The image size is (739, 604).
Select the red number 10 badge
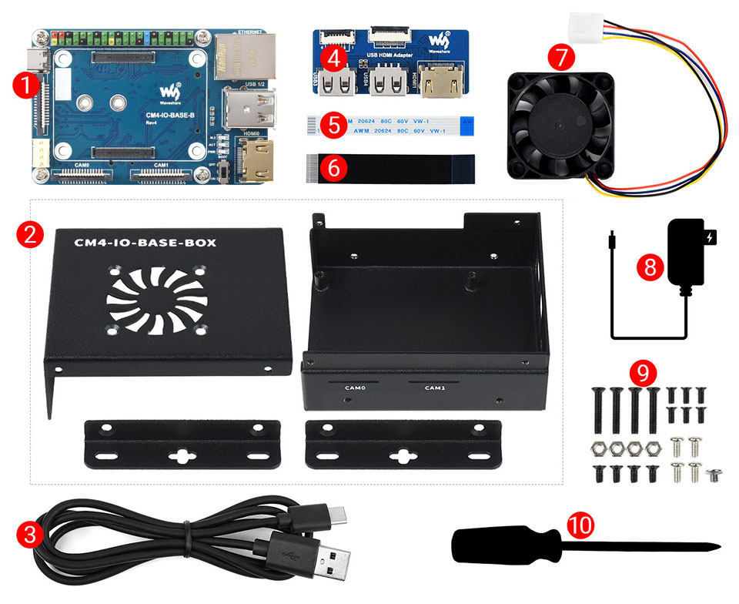[581, 525]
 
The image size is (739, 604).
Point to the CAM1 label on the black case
[435, 387]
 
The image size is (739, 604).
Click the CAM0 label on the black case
[355, 387]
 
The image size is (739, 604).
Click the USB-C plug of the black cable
[332, 515]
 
